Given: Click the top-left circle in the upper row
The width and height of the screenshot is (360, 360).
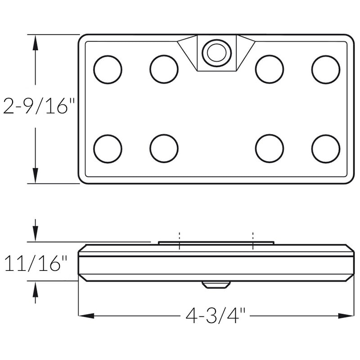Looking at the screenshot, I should [x=108, y=69].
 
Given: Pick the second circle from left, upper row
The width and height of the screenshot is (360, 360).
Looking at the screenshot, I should [x=164, y=69].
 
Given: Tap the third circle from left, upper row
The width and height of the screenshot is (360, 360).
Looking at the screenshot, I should [x=269, y=69].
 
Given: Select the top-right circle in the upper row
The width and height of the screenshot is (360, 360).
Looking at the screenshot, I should [x=325, y=69].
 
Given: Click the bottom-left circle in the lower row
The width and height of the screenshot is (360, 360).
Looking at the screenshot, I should [x=108, y=148].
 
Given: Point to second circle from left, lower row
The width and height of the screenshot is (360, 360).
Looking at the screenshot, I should [x=164, y=148].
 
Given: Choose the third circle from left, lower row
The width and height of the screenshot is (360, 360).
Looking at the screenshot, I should [x=269, y=148].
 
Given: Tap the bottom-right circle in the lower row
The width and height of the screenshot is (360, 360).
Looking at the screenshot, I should [x=325, y=148].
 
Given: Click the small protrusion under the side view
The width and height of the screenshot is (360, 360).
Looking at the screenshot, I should [x=216, y=285].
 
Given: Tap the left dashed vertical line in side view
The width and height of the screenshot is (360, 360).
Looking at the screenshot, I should [x=179, y=241].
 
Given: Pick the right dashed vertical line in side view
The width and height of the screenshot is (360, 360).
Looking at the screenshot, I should [x=253, y=241].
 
